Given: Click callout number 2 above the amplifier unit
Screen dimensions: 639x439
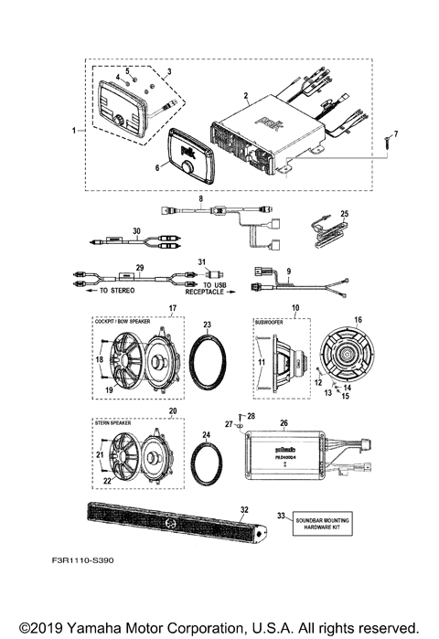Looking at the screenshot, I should (245, 95).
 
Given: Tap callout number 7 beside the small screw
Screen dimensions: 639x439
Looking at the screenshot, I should (396, 134).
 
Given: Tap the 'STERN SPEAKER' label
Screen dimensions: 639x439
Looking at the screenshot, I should (114, 424).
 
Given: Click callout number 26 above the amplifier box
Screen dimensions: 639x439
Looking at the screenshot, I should (284, 422).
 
